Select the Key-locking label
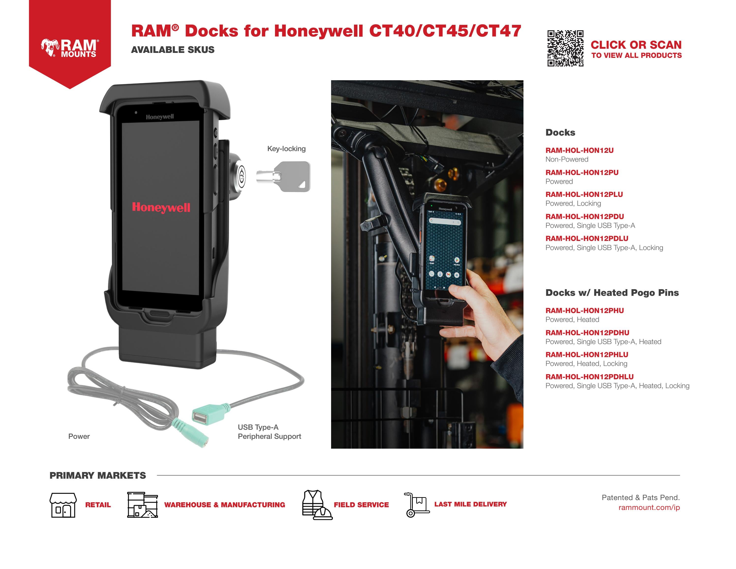point(286,149)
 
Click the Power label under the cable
point(79,436)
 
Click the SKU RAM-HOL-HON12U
point(579,150)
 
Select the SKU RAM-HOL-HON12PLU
point(584,194)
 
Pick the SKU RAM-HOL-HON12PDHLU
point(589,377)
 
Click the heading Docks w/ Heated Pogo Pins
point(612,293)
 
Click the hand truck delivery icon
point(416,504)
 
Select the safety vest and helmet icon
point(317,505)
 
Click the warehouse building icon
point(142,505)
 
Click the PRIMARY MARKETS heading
point(98,475)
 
